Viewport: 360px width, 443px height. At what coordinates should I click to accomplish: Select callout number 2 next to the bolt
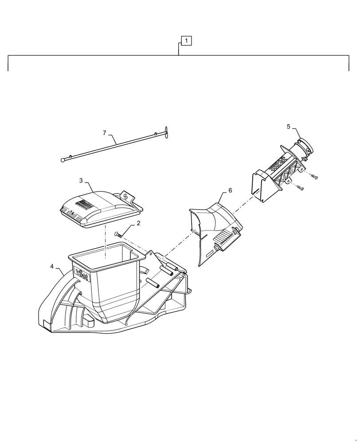coord(138,224)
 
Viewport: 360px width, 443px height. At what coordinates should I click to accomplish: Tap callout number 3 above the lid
coord(81,181)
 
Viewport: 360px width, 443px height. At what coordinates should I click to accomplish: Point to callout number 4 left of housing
coord(52,266)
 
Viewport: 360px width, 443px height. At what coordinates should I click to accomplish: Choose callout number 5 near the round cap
coord(288,127)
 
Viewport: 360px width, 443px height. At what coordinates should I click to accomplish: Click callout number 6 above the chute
coord(230,190)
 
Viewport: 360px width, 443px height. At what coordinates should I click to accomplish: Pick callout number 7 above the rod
coord(105,132)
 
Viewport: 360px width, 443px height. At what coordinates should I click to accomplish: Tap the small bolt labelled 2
coord(118,234)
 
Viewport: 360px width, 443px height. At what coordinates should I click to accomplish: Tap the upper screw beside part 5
coord(315,177)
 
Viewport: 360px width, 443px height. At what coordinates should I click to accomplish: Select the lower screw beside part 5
coord(301,188)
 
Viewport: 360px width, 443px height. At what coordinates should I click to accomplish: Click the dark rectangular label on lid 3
coord(83,204)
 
